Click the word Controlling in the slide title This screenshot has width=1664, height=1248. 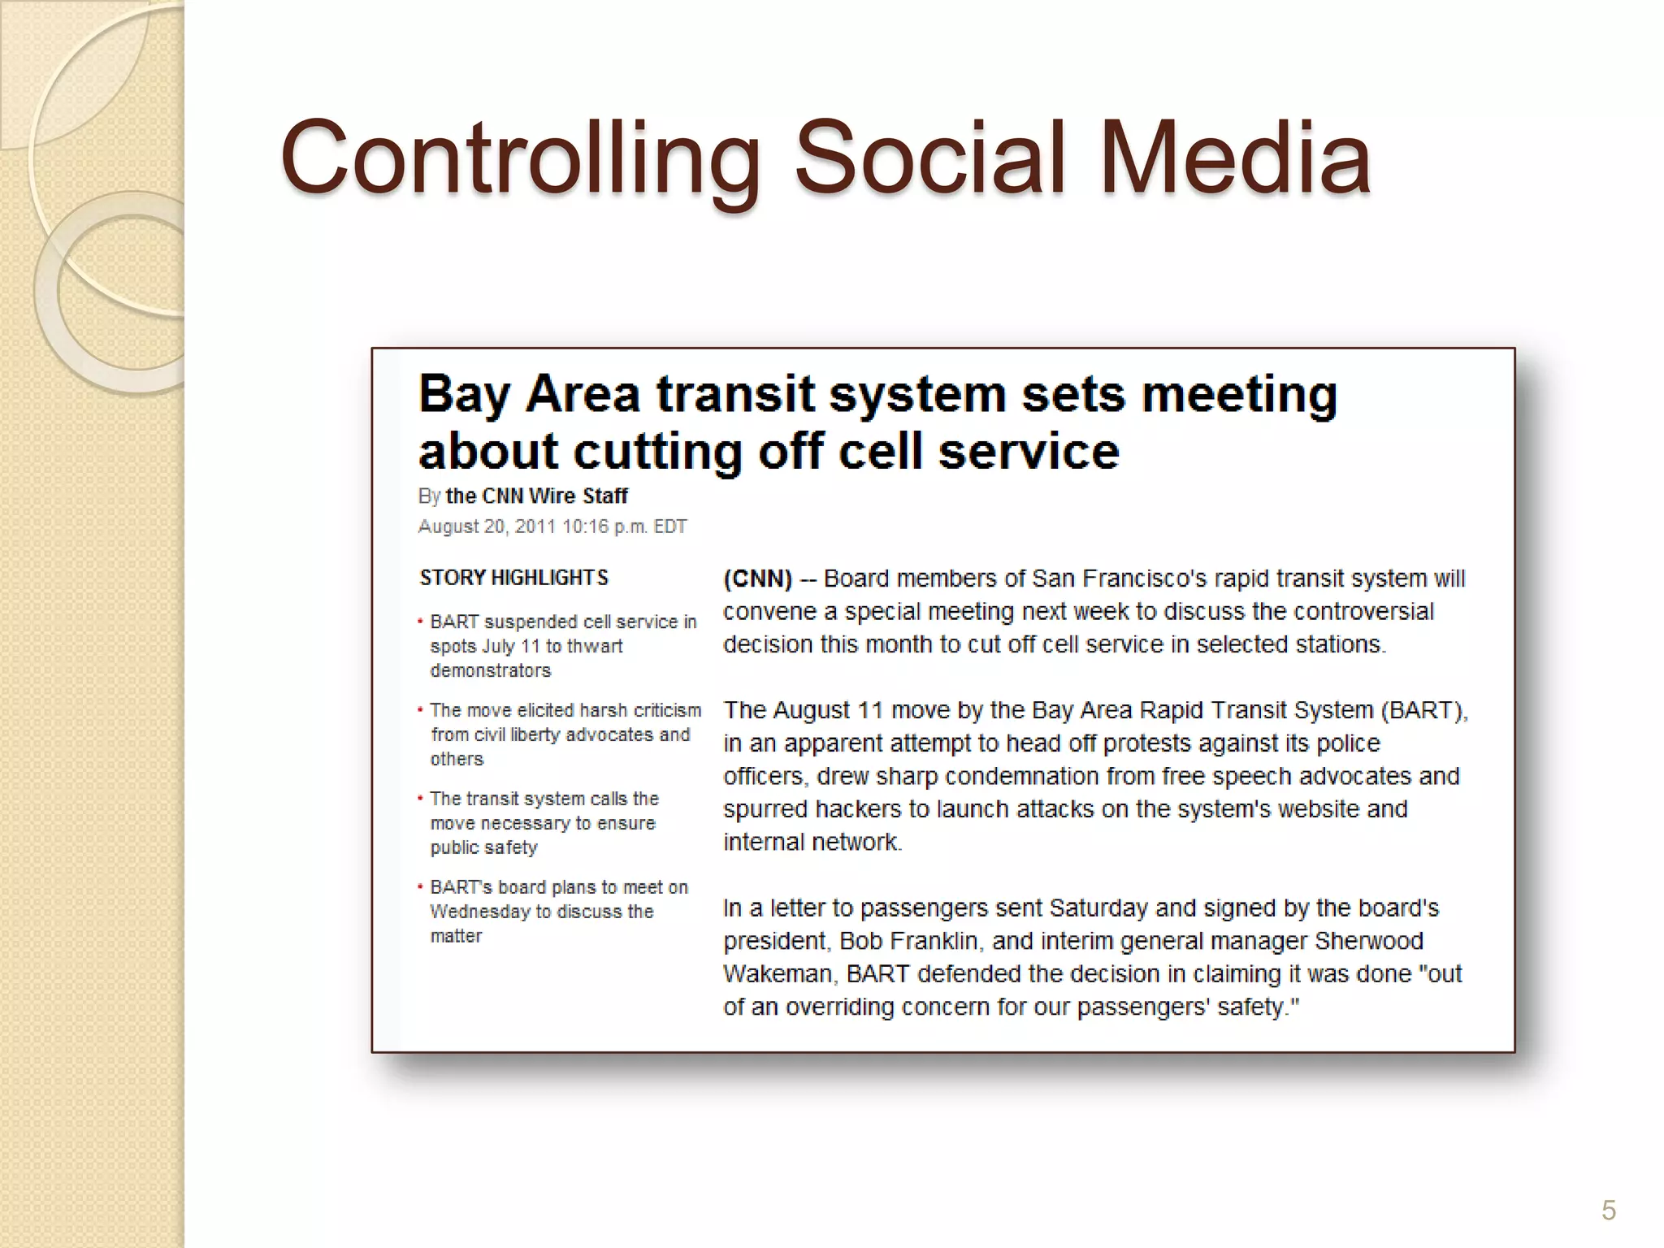(520, 158)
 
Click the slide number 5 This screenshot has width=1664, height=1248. (1608, 1210)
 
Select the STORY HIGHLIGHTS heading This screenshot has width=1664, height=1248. (513, 578)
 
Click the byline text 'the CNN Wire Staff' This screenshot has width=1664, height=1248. (536, 496)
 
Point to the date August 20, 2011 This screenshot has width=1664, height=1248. (487, 526)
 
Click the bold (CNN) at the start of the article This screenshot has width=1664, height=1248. (757, 578)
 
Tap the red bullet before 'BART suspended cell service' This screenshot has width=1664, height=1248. (420, 622)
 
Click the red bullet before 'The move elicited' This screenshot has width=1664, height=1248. (420, 710)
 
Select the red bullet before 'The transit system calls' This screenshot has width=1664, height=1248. (420, 799)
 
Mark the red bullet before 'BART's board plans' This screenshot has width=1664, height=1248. (420, 887)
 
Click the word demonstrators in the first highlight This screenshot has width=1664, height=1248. (491, 671)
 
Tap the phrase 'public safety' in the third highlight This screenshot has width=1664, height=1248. (484, 847)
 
